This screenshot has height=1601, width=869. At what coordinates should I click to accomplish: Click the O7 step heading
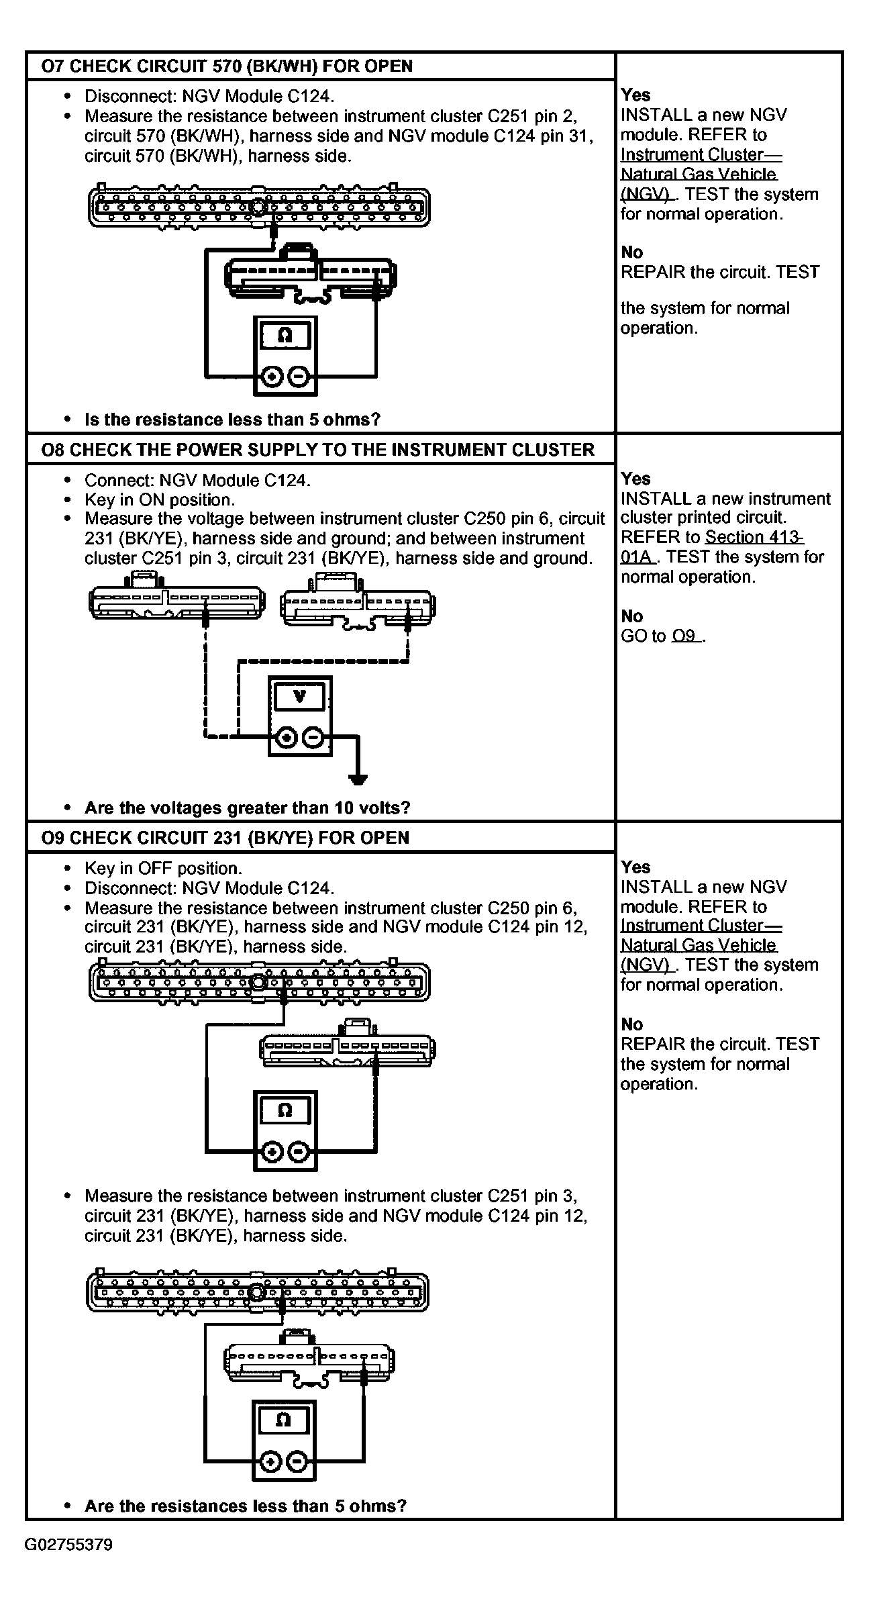pyautogui.click(x=227, y=66)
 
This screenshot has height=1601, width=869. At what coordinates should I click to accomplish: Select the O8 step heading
pyautogui.click(x=317, y=450)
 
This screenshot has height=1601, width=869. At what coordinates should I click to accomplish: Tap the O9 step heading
pyautogui.click(x=225, y=838)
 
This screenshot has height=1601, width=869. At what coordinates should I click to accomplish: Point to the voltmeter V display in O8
pyautogui.click(x=300, y=697)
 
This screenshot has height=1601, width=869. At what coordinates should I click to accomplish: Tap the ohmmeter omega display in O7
pyautogui.click(x=285, y=336)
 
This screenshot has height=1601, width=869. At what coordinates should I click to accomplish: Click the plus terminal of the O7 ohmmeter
pyautogui.click(x=272, y=377)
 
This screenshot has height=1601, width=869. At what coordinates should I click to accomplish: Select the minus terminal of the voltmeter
pyautogui.click(x=313, y=738)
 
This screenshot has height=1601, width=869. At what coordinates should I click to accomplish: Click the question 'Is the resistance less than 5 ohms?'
pyautogui.click(x=232, y=420)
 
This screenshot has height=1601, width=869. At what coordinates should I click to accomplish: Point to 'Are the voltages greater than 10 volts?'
pyautogui.click(x=247, y=808)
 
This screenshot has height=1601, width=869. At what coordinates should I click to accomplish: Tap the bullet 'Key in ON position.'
pyautogui.click(x=160, y=500)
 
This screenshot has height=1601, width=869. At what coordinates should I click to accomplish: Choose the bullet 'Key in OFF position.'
pyautogui.click(x=163, y=869)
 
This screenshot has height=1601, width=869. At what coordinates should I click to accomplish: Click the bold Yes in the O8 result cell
pyautogui.click(x=635, y=479)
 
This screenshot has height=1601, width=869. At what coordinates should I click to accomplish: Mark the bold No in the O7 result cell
pyautogui.click(x=631, y=252)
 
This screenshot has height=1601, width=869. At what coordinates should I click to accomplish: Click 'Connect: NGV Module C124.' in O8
pyautogui.click(x=198, y=481)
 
